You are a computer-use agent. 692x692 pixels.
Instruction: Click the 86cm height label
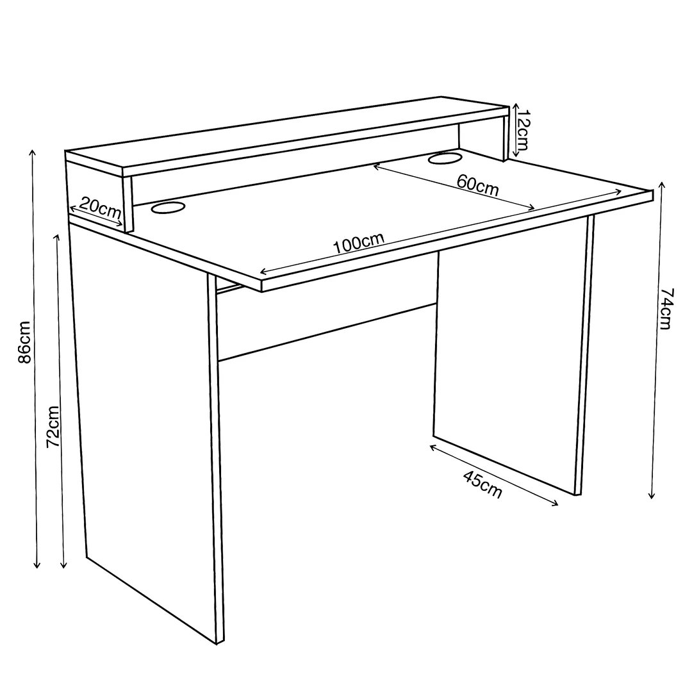pos(25,342)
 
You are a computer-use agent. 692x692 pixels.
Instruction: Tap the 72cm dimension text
pos(53,426)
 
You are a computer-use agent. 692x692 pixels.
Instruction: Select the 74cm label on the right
pos(666,308)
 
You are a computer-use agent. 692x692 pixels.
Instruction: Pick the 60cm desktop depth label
pos(477,185)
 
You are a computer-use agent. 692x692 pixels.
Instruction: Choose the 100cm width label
pos(358,243)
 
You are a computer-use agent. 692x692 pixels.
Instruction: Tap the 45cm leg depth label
pos(482,484)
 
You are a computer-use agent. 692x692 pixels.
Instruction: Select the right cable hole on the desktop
pos(445,158)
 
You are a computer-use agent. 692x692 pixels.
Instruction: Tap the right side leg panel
pos(512,353)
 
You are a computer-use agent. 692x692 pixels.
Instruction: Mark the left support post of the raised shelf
pos(128,204)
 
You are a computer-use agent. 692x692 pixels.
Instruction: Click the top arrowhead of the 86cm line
pos(32,152)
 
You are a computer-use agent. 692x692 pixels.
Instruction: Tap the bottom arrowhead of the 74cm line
pos(652,495)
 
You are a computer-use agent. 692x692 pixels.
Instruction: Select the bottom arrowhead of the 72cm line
pos(63,564)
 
